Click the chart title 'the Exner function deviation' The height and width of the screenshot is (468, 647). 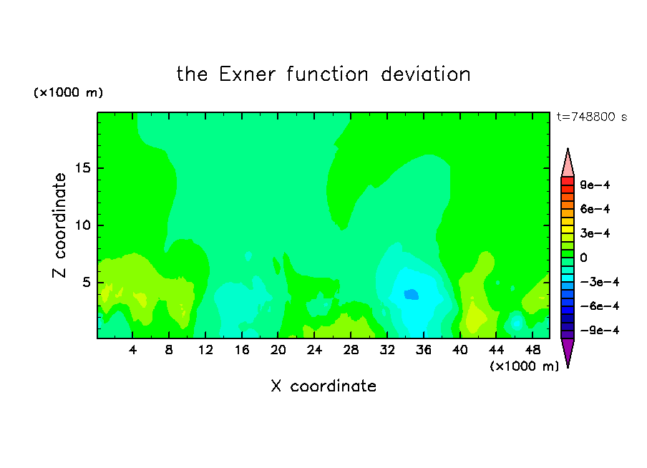[323, 74]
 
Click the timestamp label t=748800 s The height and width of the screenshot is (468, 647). [592, 117]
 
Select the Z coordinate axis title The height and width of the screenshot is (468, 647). [59, 225]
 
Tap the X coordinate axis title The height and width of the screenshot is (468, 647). [323, 386]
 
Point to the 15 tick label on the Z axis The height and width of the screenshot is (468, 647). [83, 168]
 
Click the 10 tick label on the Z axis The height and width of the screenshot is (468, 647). [83, 225]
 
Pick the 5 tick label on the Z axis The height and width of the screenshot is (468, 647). [87, 282]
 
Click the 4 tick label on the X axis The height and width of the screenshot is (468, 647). [132, 350]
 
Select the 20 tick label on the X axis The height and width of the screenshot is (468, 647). [278, 350]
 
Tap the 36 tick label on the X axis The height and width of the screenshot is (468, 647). [424, 350]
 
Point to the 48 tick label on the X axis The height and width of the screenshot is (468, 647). [532, 350]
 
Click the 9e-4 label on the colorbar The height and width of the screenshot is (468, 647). [595, 185]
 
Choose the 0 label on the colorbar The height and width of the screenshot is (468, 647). [583, 258]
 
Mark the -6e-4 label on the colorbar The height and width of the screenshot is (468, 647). [600, 306]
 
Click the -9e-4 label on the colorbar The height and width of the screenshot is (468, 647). [600, 330]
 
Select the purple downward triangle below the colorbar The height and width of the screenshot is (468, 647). [568, 351]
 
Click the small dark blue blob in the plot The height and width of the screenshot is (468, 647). [412, 294]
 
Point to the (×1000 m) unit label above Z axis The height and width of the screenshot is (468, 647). [68, 92]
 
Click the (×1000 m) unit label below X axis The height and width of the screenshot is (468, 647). [524, 366]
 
